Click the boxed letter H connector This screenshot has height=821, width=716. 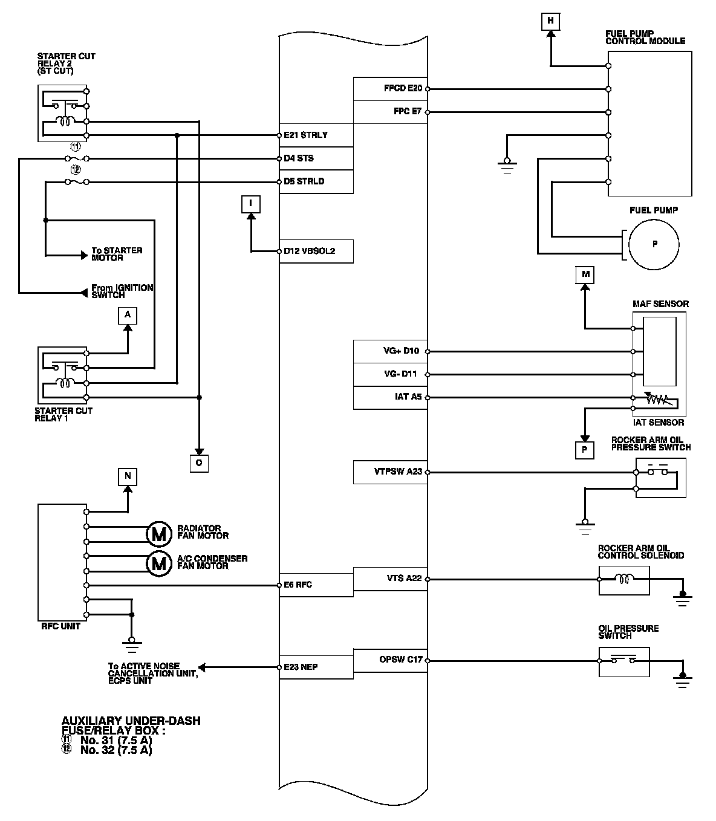tap(550, 22)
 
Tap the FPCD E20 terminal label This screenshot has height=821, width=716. tap(403, 88)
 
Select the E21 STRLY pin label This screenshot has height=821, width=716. tap(306, 135)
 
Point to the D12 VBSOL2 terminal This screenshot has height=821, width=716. tap(310, 251)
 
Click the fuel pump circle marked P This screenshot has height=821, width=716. tap(654, 245)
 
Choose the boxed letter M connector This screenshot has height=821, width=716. tap(585, 274)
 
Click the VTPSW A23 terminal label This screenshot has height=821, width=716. tap(398, 472)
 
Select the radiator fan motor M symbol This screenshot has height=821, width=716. tap(158, 533)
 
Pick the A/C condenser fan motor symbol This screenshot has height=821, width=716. tap(158, 563)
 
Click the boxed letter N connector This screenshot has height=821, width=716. tap(127, 476)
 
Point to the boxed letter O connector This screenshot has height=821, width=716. tap(199, 462)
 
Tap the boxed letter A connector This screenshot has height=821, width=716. tap(127, 315)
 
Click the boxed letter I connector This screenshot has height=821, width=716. tap(250, 204)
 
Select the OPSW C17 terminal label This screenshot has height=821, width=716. tap(401, 660)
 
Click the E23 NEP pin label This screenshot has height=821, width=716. tap(301, 667)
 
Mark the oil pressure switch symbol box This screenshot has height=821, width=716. tap(624, 661)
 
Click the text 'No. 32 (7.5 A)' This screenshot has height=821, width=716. tap(116, 750)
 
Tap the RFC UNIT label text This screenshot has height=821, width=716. tap(61, 626)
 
